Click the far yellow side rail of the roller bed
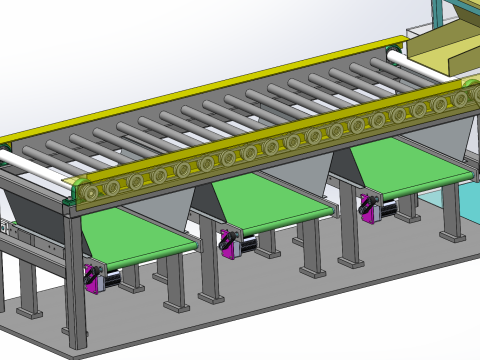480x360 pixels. pos(200,85)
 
